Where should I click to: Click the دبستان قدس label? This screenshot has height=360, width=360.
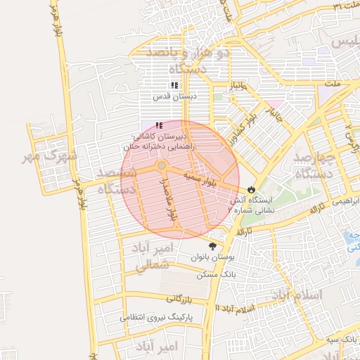click(176, 96)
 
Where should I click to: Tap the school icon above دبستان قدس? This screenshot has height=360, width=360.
click(174, 86)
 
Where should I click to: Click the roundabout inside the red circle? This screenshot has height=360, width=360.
click(162, 165)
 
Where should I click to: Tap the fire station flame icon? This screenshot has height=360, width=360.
click(251, 190)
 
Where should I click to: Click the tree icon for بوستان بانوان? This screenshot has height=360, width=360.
click(213, 246)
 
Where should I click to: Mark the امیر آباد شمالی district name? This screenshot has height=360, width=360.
click(151, 257)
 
